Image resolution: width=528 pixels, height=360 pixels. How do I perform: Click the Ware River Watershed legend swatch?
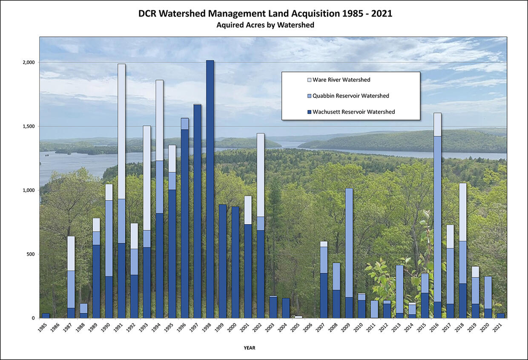tap(310, 80)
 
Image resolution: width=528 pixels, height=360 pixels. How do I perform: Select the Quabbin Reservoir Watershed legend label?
tap(351, 96)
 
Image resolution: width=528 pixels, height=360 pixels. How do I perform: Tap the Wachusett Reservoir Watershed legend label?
tap(354, 112)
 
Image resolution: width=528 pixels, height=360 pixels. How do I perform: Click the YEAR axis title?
tap(250, 348)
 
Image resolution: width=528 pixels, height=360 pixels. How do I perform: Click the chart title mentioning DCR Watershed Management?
tap(265, 14)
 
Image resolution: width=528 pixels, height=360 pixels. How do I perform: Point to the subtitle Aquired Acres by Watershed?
tap(265, 25)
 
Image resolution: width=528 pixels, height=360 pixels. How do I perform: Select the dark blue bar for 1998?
tap(210, 189)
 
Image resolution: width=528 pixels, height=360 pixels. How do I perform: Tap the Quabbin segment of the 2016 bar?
tap(437, 219)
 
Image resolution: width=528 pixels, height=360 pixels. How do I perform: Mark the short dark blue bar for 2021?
tap(500, 316)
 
